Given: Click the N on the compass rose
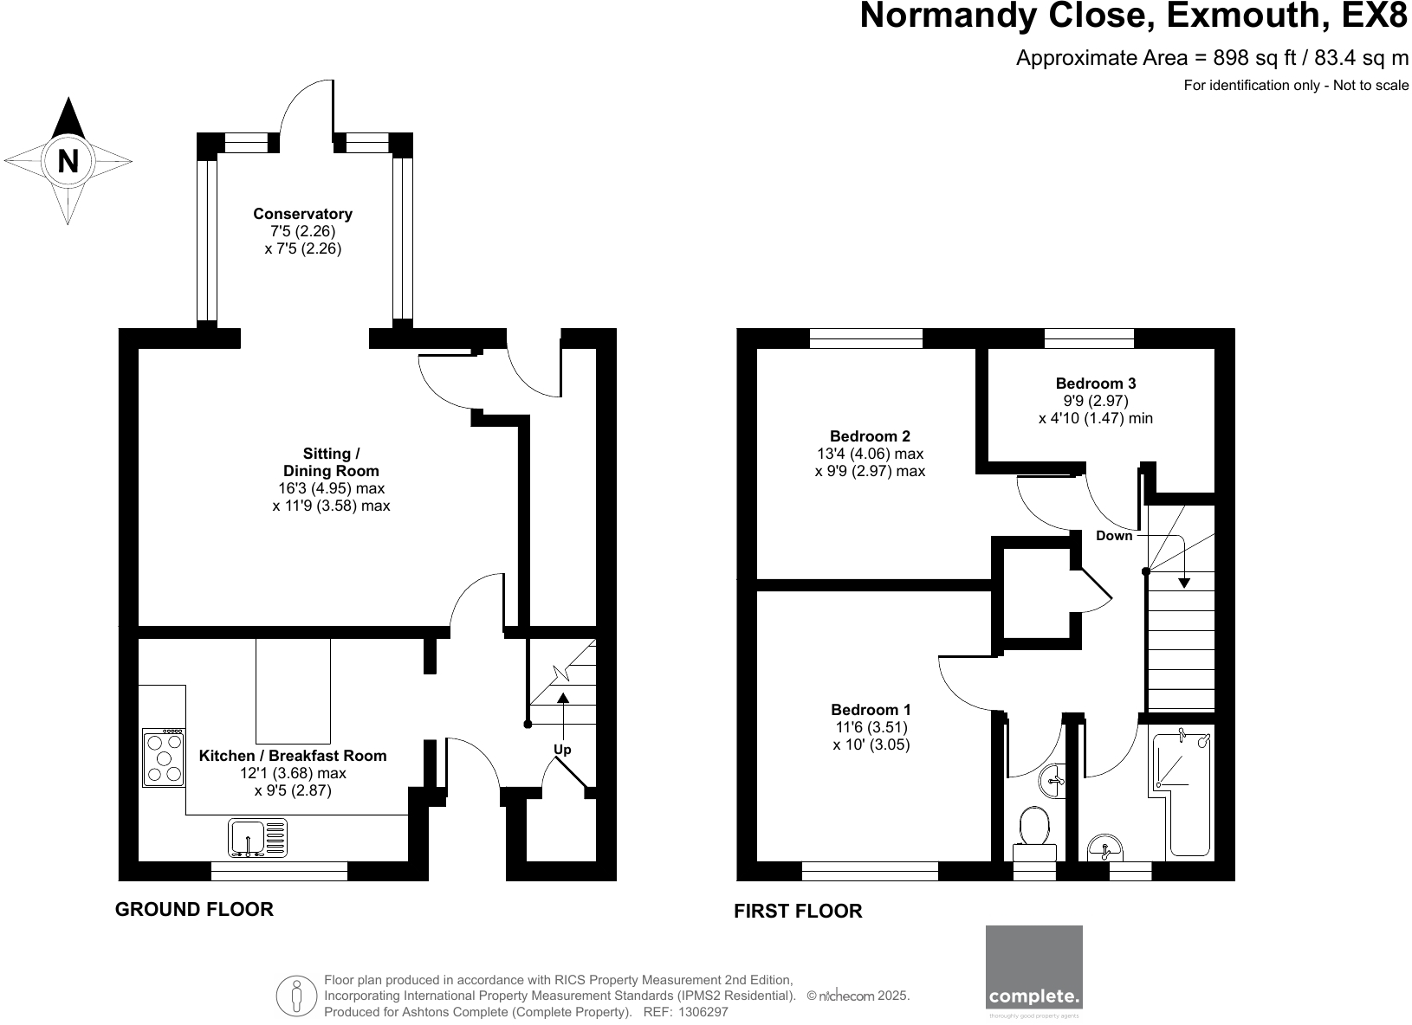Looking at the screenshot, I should click(68, 161).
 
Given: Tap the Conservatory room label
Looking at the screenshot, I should click(302, 214).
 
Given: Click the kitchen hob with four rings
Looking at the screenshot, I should click(164, 757).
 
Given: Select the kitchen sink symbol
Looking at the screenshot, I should click(257, 837).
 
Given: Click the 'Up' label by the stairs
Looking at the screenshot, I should click(562, 750).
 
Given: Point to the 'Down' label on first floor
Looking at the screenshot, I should click(1114, 536).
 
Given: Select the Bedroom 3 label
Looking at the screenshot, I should click(1095, 383).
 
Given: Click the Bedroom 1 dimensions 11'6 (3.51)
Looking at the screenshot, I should click(871, 727).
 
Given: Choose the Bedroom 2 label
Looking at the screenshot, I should click(870, 436).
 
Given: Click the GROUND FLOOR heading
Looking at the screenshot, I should click(194, 909).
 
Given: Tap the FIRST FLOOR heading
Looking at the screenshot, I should click(798, 911).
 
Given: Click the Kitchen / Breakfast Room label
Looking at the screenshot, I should click(293, 756).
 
